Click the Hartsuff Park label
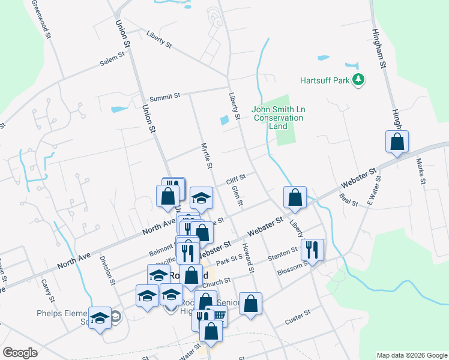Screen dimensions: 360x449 click(325, 80)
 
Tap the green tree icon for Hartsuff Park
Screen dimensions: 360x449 click(358, 79)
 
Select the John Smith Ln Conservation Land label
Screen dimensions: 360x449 click(278, 118)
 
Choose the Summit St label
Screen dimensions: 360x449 click(165, 96)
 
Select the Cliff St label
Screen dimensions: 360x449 click(236, 178)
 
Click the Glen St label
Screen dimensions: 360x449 click(237, 195)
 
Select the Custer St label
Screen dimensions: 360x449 click(298, 317)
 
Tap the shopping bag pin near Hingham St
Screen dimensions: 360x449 click(397, 142)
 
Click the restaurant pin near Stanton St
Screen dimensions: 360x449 click(312, 248)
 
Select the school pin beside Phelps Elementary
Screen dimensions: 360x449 click(100, 317)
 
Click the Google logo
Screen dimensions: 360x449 click(20, 353)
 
